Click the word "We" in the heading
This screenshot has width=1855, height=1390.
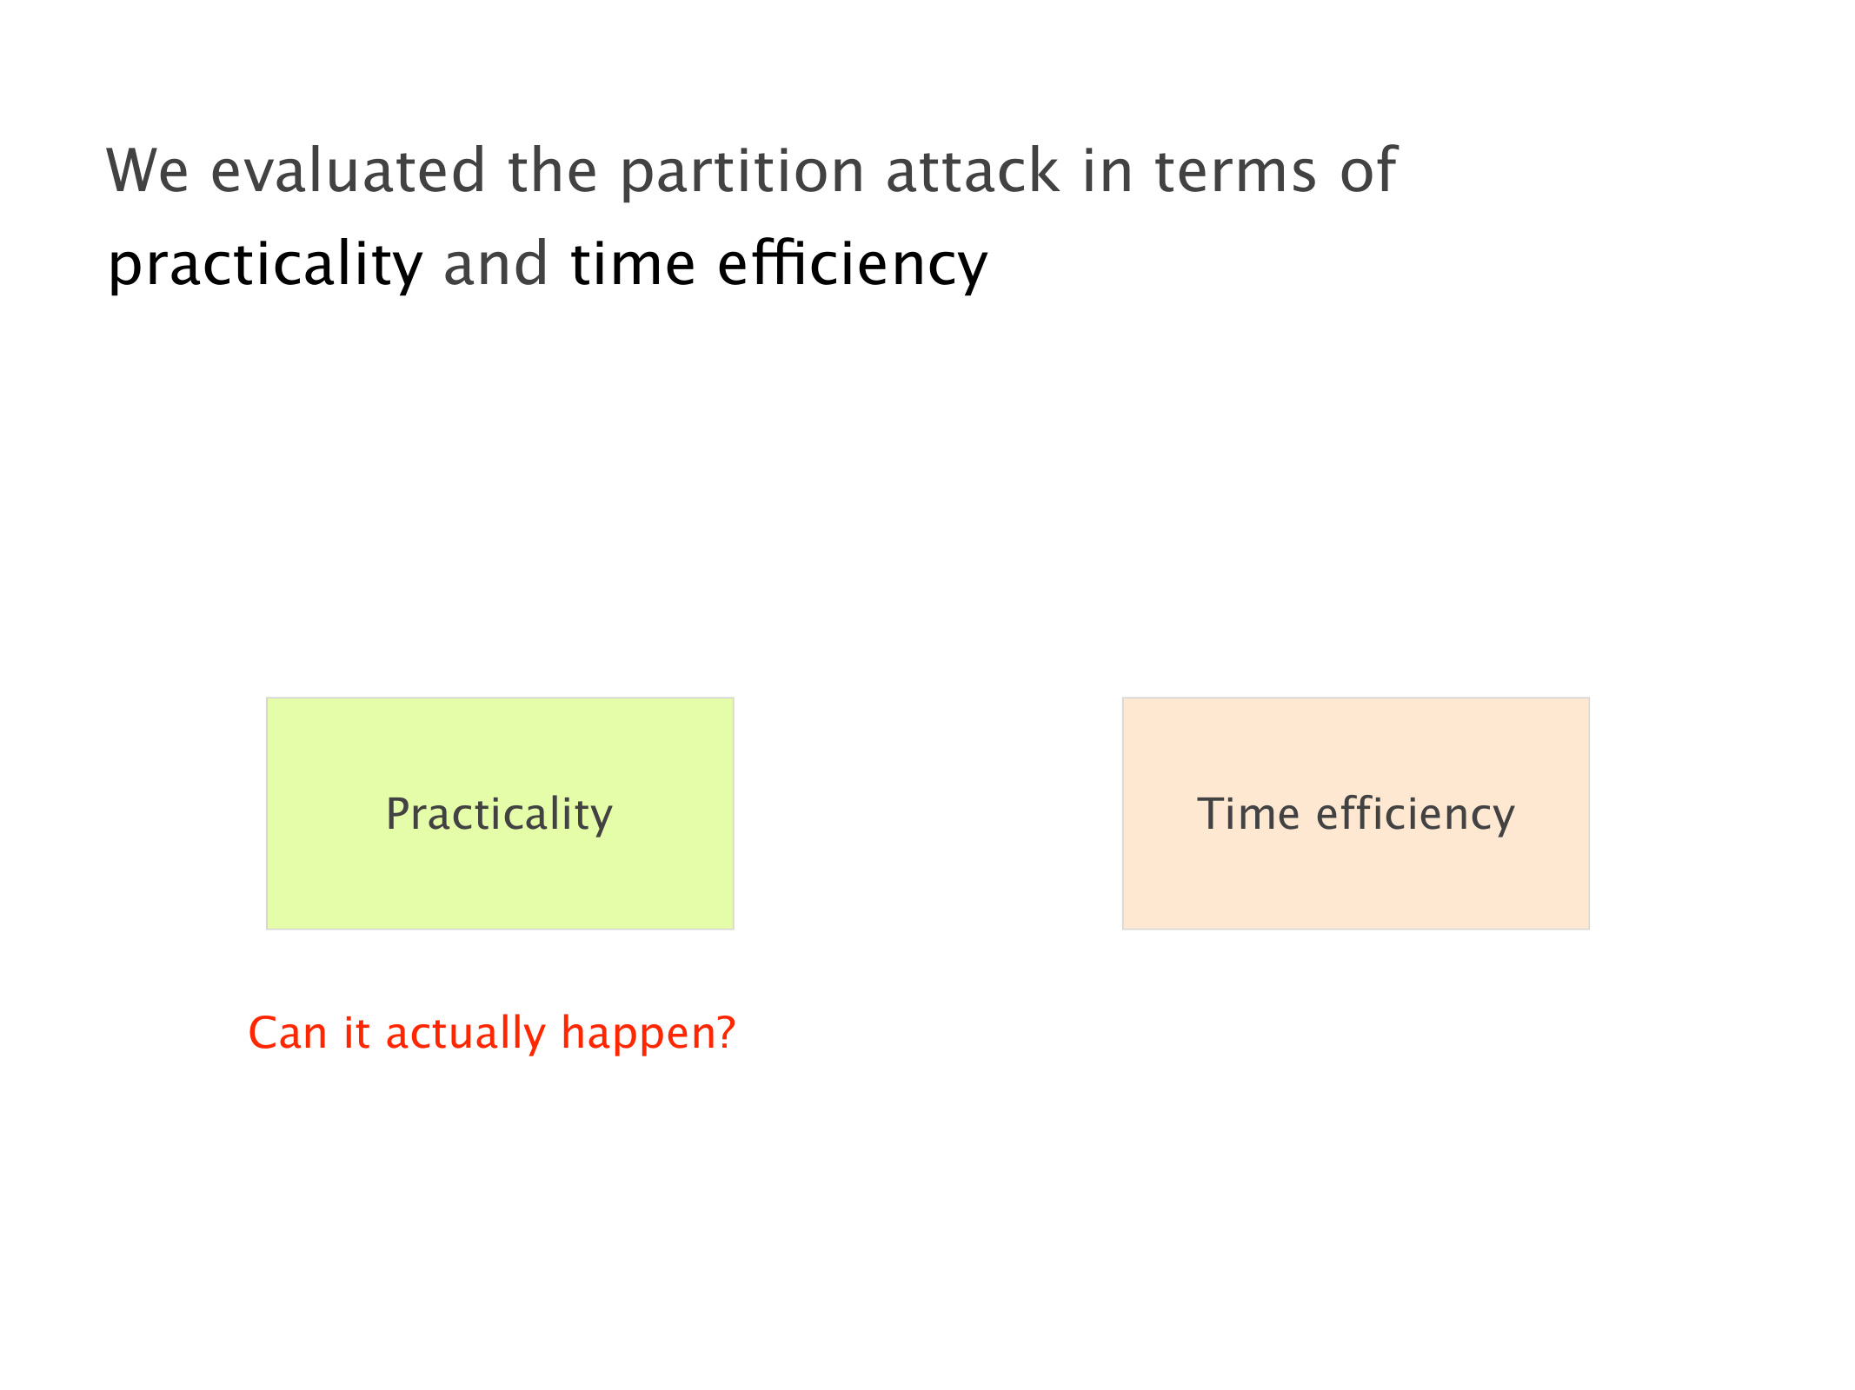tap(147, 170)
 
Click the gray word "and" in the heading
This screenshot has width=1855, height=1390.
tap(495, 262)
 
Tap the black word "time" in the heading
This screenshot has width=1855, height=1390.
tap(633, 264)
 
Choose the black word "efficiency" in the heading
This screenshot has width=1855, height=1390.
tap(853, 266)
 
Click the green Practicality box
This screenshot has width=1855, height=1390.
tap(500, 813)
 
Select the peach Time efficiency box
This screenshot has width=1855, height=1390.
tap(1356, 813)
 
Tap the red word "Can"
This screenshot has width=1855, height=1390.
tap(288, 1033)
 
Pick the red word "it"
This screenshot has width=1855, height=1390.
tap(357, 1033)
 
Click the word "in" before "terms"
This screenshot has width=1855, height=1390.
tap(1107, 170)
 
